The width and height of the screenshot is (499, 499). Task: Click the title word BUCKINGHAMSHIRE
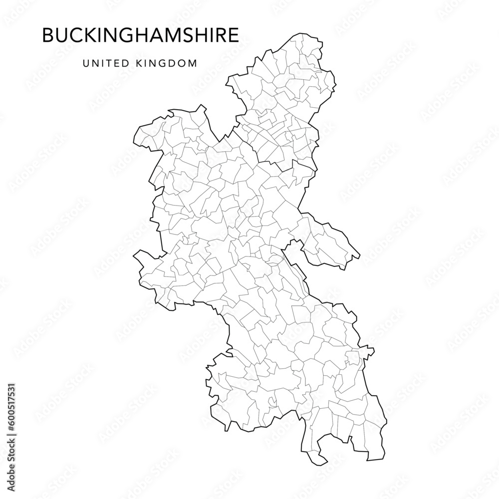(140, 35)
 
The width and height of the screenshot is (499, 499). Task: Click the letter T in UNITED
(104, 63)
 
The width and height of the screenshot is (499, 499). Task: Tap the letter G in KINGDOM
(160, 63)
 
